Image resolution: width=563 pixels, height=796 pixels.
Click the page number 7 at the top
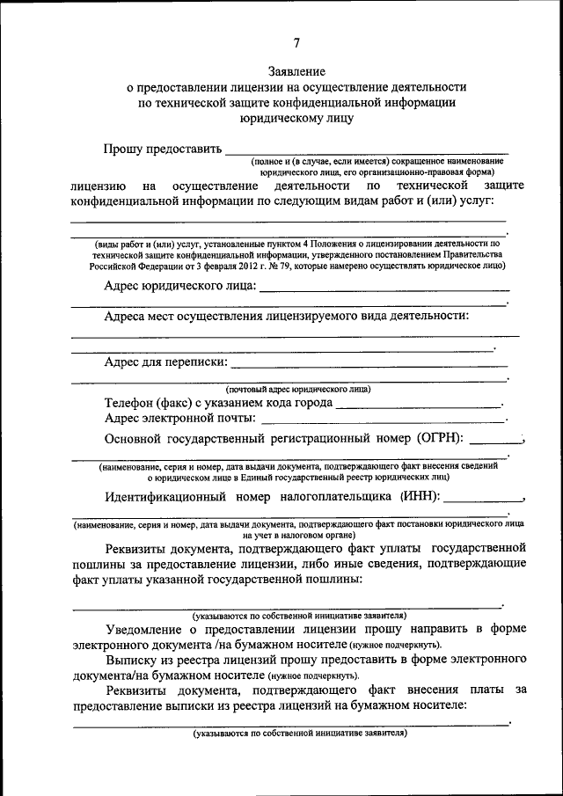296,43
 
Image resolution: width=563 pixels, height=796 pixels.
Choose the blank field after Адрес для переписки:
369,364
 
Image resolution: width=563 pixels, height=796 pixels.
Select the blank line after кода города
418,405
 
